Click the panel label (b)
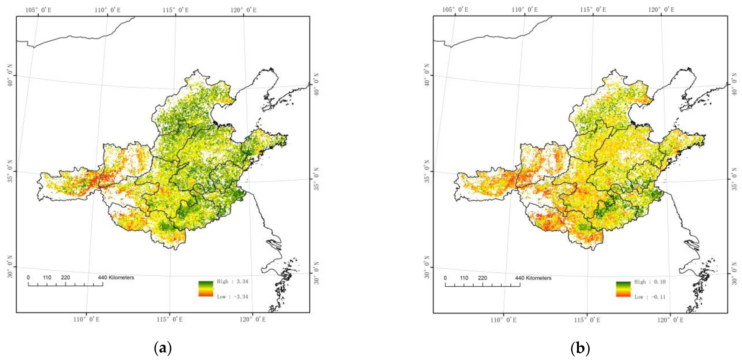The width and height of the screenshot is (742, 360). tap(580, 348)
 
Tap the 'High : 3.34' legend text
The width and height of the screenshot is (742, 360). tap(232, 281)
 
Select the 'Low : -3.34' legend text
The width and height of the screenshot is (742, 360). tap(232, 297)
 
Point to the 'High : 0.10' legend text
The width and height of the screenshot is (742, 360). tap(650, 282)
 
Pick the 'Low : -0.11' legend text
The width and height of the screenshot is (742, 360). tap(650, 297)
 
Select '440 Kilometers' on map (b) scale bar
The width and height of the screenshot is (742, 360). tap(533, 278)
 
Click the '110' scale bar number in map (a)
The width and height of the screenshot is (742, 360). tap(47, 278)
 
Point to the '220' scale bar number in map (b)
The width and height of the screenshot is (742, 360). tap(482, 278)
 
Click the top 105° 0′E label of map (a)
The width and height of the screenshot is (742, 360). tap(38, 10)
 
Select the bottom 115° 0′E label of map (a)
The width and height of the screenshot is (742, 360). tap(170, 319)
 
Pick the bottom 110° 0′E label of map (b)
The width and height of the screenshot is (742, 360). tap(504, 320)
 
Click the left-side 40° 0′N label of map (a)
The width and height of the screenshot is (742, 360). tap(10, 75)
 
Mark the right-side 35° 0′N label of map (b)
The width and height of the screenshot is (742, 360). tap(735, 179)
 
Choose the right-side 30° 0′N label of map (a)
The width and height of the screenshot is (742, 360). tap(316, 273)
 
